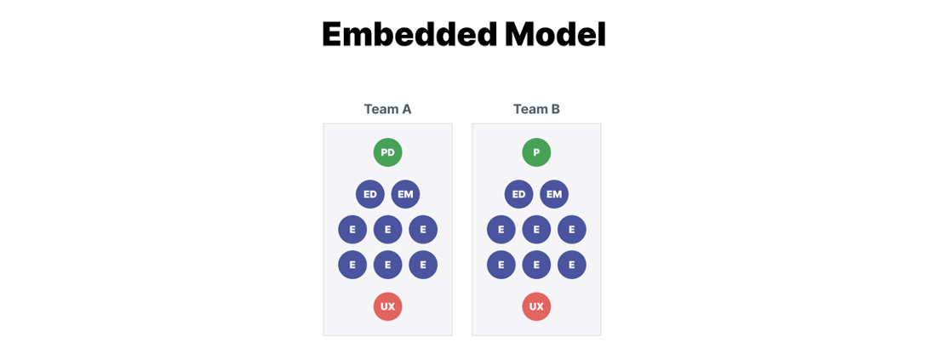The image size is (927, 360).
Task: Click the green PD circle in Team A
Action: tap(388, 152)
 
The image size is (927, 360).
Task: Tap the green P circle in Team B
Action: tap(536, 152)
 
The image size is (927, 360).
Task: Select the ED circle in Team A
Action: tap(370, 194)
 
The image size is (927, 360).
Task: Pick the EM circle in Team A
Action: tap(405, 194)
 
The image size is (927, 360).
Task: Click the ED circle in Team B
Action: tap(519, 194)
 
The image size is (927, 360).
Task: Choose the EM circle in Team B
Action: tap(554, 194)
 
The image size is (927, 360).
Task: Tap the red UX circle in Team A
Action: tap(388, 306)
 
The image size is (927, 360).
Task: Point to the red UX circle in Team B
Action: tap(536, 306)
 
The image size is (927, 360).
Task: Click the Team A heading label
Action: tap(388, 109)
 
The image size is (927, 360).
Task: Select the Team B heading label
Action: tap(536, 109)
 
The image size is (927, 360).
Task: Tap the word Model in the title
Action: tap(556, 34)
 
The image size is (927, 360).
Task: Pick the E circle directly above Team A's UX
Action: tap(388, 265)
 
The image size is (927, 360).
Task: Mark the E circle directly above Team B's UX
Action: tap(536, 265)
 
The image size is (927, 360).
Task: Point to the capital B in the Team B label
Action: tap(555, 109)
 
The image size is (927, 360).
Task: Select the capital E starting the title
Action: tap(331, 34)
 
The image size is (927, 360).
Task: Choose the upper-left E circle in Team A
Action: tap(352, 229)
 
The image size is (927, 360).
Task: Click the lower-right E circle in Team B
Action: tap(572, 265)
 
